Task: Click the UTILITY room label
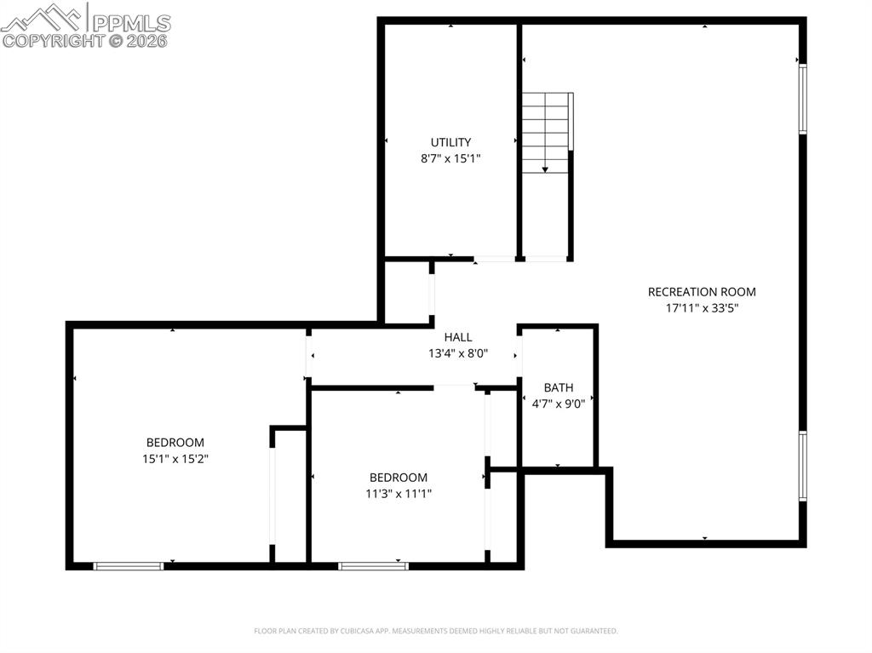tap(450, 142)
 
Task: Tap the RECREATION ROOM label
tap(702, 292)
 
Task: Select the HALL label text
tap(457, 337)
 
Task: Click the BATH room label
tap(558, 387)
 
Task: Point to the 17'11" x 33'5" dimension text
tap(702, 308)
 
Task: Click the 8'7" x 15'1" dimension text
tap(450, 158)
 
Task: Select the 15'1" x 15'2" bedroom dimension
tap(175, 459)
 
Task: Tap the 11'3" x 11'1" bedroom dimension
tap(398, 494)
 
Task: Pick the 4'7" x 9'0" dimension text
tap(558, 404)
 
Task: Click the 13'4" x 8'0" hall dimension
tap(457, 353)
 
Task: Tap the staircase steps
tap(545, 128)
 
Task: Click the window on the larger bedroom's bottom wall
tap(128, 565)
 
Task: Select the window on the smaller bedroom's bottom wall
tap(373, 565)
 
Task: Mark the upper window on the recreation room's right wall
tap(802, 100)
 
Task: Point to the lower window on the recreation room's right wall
tap(802, 466)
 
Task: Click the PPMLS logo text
tap(129, 22)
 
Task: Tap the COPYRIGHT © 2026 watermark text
tap(85, 40)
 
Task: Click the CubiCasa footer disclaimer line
tap(436, 631)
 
